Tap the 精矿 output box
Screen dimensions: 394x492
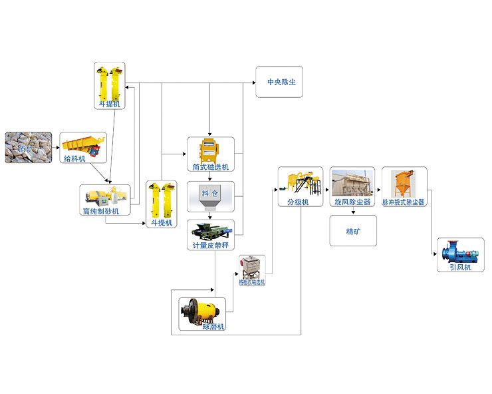[x=352, y=232]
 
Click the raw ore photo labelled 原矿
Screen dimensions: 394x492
[x=28, y=146]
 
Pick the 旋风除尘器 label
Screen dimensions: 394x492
[x=352, y=202]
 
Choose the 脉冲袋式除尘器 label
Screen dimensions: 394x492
[x=403, y=202]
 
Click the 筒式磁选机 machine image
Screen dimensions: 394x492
[x=209, y=150]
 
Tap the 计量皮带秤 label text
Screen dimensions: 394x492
[x=209, y=246]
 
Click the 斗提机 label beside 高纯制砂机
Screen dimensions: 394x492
[x=162, y=223]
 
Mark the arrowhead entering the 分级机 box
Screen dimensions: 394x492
[x=275, y=190]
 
